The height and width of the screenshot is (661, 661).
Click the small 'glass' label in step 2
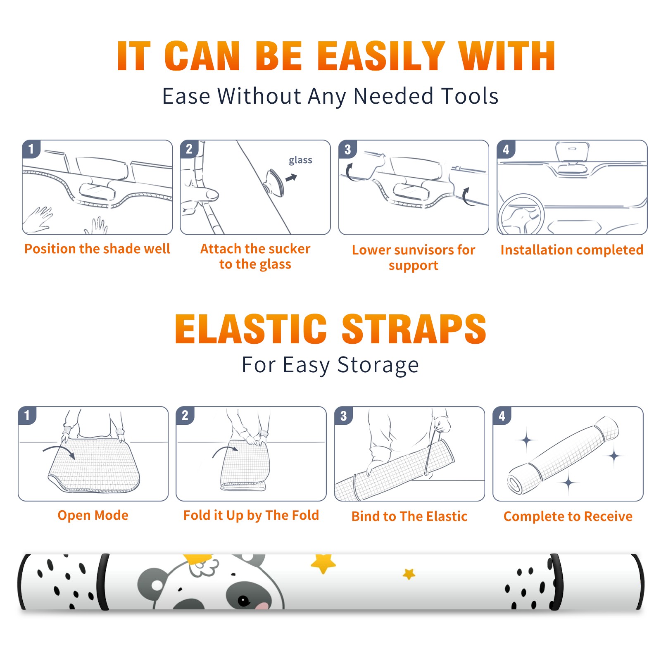300,160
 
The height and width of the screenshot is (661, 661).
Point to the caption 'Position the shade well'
97,249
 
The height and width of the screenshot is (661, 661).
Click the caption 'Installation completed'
572,250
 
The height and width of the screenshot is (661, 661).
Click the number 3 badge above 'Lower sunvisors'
347,150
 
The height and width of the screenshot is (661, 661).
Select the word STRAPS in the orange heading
414,329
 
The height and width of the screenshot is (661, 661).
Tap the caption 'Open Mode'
93,515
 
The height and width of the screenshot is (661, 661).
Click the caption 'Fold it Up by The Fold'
251,515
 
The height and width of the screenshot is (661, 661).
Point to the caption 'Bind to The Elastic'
409,516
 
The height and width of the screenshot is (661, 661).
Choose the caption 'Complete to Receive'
568,516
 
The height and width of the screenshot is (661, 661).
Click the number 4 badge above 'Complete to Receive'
502,416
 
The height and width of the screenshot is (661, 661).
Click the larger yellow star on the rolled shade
323,564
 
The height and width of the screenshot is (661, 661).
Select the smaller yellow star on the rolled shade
409,574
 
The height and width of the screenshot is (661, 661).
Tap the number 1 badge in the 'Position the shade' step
31,149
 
